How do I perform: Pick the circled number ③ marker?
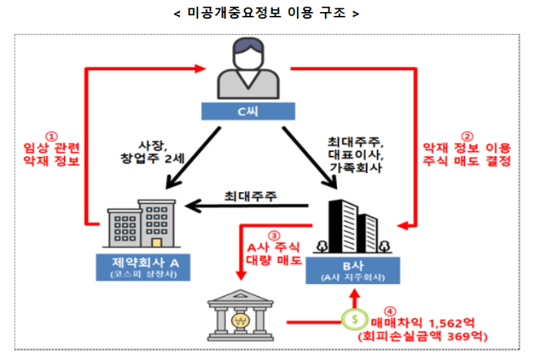coord(274,234)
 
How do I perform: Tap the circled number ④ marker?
coord(389,309)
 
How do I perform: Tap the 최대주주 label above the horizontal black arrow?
coord(250,196)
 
